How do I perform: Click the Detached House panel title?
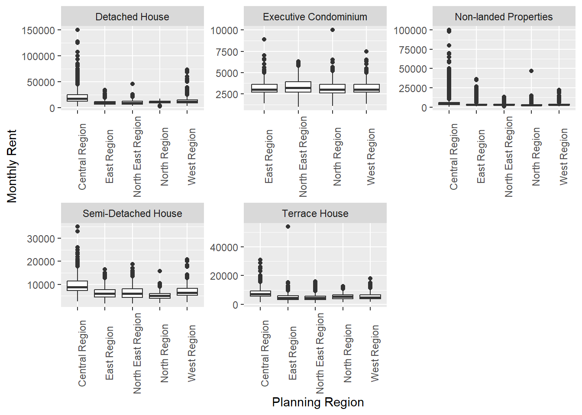[132, 17]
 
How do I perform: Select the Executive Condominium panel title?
[315, 17]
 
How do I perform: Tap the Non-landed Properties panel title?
[504, 17]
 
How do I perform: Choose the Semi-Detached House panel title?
[132, 214]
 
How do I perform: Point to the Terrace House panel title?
[315, 214]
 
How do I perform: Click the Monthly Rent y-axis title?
[12, 166]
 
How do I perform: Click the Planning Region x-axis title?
[318, 402]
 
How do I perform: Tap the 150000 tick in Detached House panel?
[39, 30]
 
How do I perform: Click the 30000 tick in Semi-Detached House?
[41, 239]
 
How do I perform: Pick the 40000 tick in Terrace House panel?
[224, 247]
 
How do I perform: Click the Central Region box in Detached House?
[78, 98]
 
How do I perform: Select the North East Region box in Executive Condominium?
[298, 87]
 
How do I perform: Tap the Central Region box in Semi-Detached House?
[78, 286]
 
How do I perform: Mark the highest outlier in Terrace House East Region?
[288, 227]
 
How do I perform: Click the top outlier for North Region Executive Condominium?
[333, 30]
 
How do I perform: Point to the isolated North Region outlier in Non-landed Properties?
[531, 71]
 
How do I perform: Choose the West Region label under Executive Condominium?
[371, 156]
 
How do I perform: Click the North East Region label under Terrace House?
[320, 353]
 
